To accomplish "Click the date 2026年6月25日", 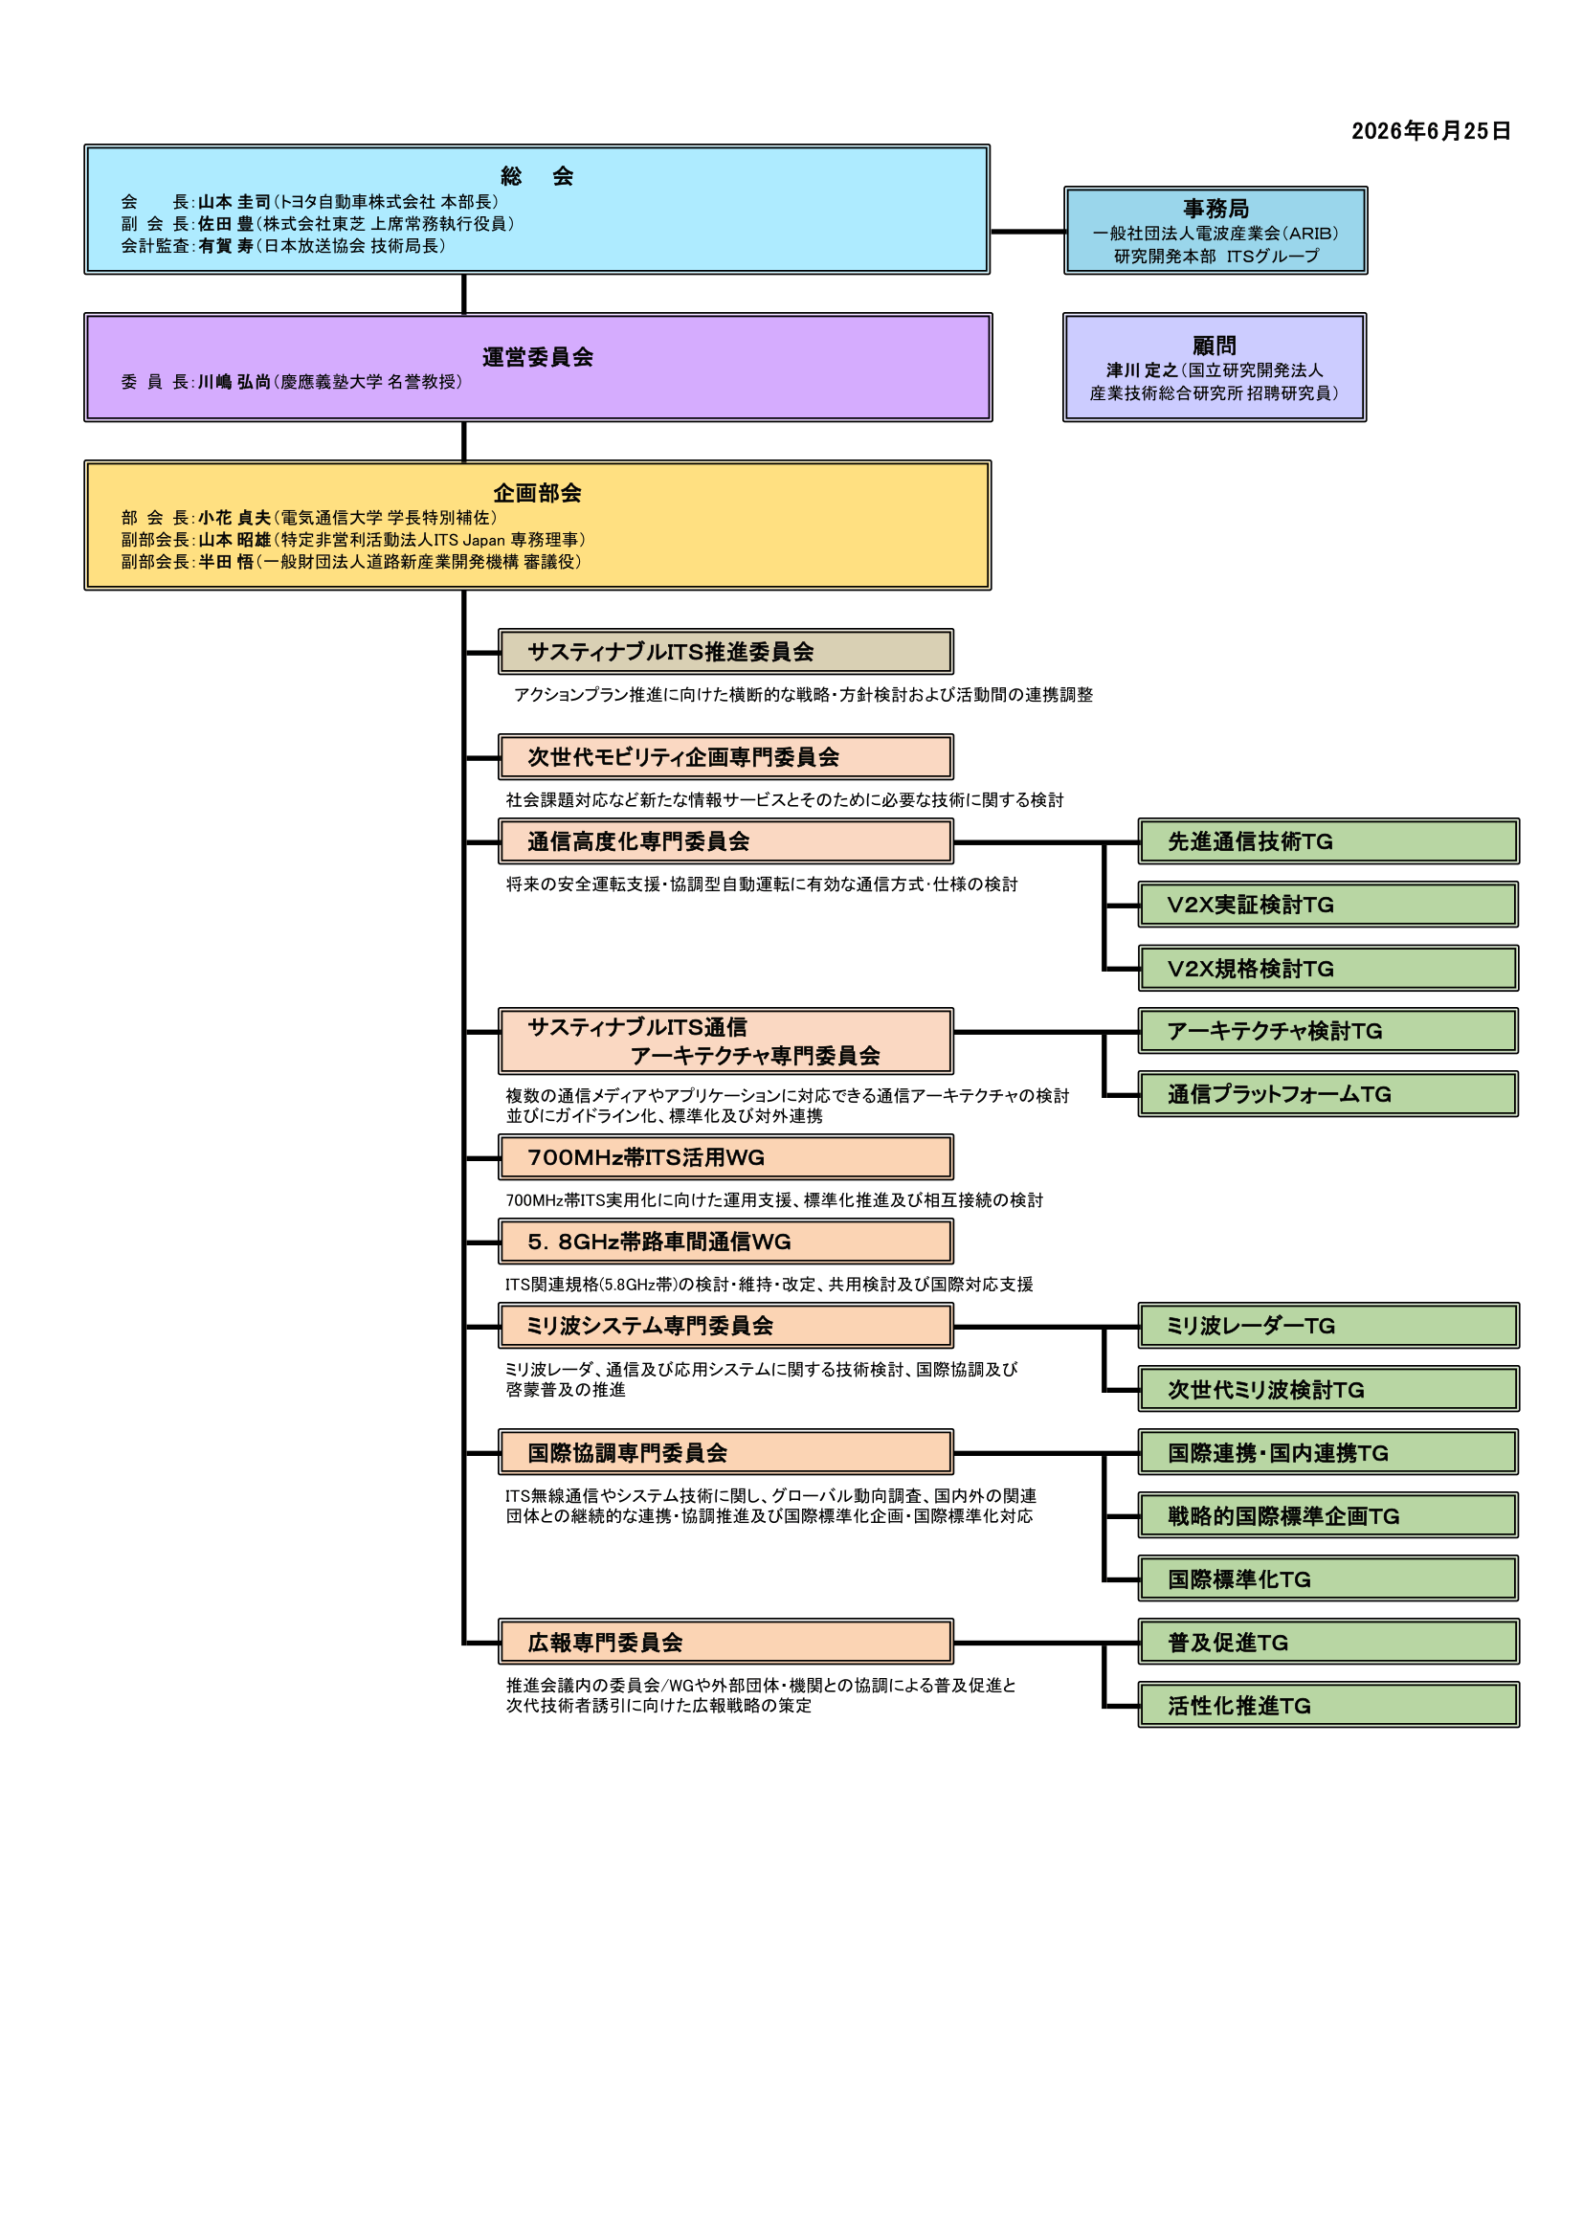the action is [x=1430, y=130].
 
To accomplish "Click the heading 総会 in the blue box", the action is [x=536, y=176].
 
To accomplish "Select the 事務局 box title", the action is [x=1215, y=209].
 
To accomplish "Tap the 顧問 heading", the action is [x=1215, y=345].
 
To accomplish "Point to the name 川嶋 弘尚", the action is [x=234, y=382].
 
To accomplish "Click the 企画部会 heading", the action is [x=537, y=493].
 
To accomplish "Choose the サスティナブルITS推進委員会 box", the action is [x=725, y=651].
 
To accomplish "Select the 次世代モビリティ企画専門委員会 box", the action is [x=725, y=756].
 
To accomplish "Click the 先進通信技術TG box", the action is [x=1327, y=841].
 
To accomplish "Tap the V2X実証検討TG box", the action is [x=1327, y=905].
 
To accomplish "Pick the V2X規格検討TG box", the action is [x=1327, y=969].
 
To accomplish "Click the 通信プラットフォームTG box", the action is [x=1327, y=1094].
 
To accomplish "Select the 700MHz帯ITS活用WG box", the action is [x=725, y=1157].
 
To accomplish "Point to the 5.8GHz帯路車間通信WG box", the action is [x=725, y=1241].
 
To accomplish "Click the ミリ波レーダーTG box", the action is [x=1327, y=1326].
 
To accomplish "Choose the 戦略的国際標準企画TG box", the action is [x=1327, y=1515].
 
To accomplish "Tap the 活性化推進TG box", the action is [x=1327, y=1706].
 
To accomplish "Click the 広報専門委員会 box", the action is [x=725, y=1643].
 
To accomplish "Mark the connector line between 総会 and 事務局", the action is [x=1027, y=231].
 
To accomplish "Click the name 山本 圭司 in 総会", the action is [x=234, y=202].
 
